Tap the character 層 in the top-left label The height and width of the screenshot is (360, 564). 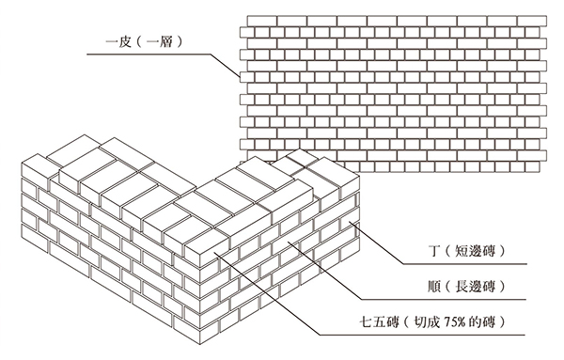click(x=172, y=40)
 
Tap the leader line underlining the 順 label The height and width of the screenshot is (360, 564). click(x=442, y=302)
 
